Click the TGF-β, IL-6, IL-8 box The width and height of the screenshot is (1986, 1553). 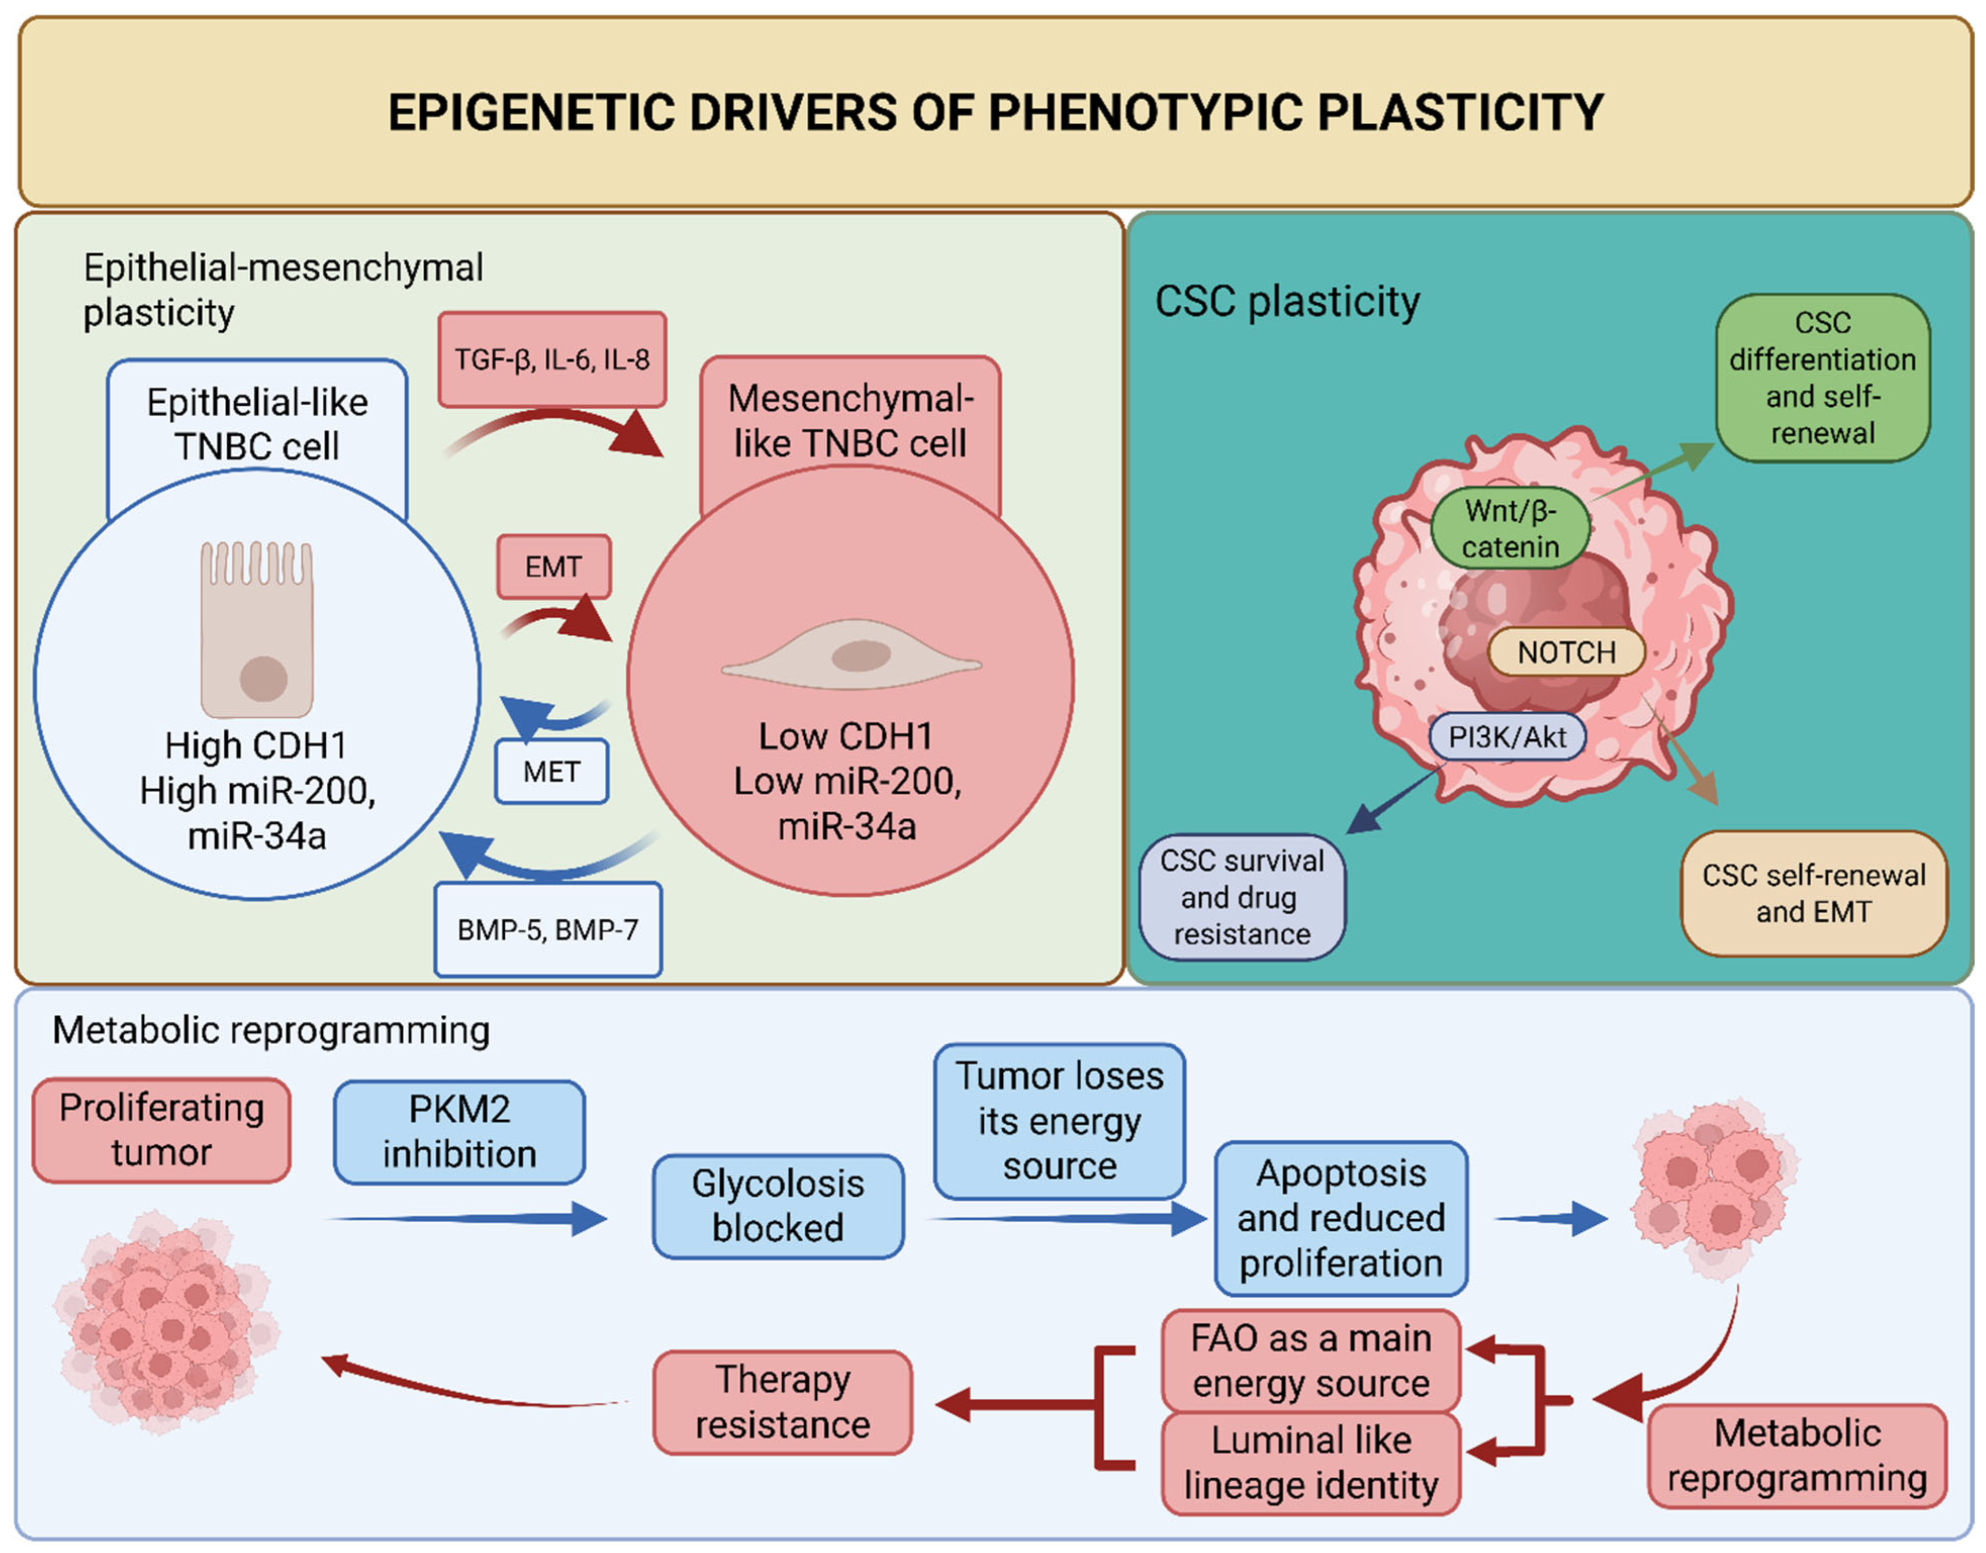552,359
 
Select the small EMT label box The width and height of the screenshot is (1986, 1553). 553,567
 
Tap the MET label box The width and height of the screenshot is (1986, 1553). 551,772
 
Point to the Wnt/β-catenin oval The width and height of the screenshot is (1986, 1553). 1511,528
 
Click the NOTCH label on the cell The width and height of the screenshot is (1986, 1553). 1566,652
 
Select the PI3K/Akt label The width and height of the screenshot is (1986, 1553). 1508,736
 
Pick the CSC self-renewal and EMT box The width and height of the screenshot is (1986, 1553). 1814,894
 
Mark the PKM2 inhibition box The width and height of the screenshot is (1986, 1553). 459,1132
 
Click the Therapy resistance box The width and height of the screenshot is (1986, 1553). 782,1402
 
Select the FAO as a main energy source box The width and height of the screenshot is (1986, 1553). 1311,1361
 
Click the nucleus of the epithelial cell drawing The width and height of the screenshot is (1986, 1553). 263,679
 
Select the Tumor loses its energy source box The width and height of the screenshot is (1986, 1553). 1060,1121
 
